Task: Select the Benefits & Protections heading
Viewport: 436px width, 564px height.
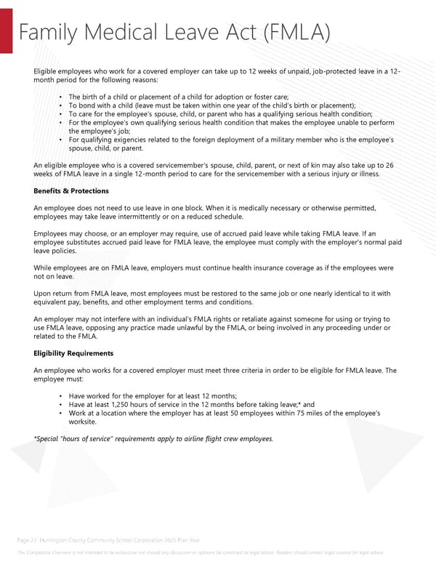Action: click(71, 190)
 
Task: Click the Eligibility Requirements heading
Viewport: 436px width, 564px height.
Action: click(73, 353)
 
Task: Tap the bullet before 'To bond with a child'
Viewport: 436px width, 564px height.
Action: click(59, 105)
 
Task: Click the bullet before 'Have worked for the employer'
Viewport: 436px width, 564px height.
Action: click(59, 396)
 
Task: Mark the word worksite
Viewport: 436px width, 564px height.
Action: click(82, 422)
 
